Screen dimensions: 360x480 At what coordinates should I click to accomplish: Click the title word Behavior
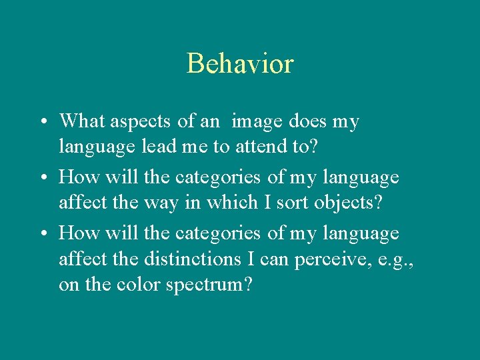pyautogui.click(x=240, y=64)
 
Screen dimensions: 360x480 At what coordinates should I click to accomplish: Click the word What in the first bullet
pyautogui.click(x=82, y=121)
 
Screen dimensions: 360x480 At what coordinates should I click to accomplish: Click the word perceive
pyautogui.click(x=325, y=259)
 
